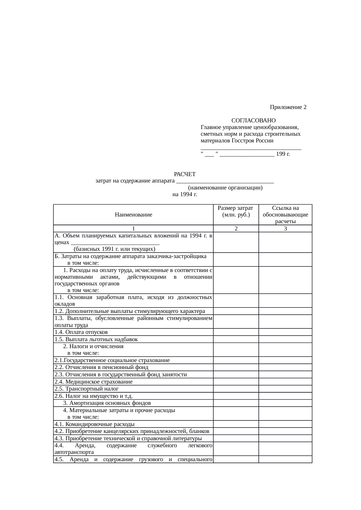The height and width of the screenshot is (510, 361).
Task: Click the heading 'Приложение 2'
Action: coord(288,107)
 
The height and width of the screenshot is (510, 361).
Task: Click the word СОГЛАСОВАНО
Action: coord(253,120)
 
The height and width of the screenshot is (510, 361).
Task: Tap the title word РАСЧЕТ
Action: coord(185,174)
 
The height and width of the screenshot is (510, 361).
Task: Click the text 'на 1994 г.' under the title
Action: coord(185,194)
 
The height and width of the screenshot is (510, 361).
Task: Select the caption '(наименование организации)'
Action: coord(225,188)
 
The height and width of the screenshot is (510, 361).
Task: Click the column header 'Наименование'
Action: coord(133,215)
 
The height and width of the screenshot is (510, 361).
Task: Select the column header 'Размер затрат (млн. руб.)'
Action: coord(236,212)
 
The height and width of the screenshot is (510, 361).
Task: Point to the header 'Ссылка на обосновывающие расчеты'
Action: coord(285,215)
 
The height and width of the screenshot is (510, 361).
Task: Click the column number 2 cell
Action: coord(236,229)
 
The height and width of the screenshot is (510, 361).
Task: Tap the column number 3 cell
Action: coord(285,229)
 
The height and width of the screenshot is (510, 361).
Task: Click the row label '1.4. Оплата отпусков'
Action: coord(81,332)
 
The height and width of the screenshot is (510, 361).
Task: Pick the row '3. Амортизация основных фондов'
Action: coord(107,403)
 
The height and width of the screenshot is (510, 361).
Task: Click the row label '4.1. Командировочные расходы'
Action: coord(94,424)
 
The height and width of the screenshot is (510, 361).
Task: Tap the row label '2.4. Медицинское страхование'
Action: coord(93,382)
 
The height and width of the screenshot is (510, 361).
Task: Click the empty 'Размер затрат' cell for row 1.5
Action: coord(236,339)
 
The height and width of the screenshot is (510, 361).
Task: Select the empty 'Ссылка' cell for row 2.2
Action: coord(285,368)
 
